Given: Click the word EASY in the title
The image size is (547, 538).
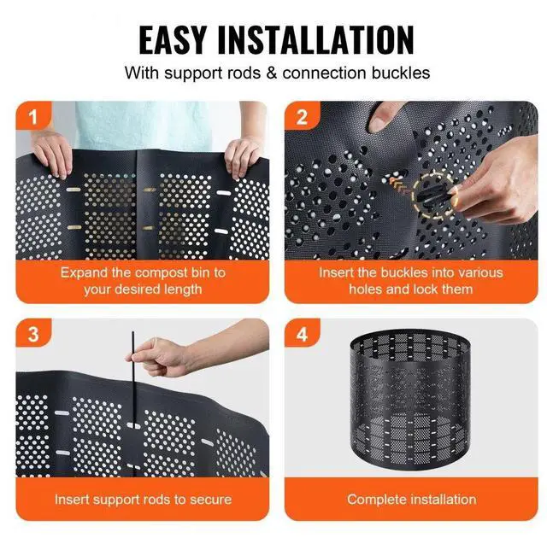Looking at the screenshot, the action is [x=173, y=40].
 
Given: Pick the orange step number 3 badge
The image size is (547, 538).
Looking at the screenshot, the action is [x=33, y=333].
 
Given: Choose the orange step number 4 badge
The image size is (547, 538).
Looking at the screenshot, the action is [x=302, y=333].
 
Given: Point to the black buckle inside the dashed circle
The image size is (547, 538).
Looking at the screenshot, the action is [x=432, y=196].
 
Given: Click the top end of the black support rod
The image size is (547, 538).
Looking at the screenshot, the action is [x=132, y=332].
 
